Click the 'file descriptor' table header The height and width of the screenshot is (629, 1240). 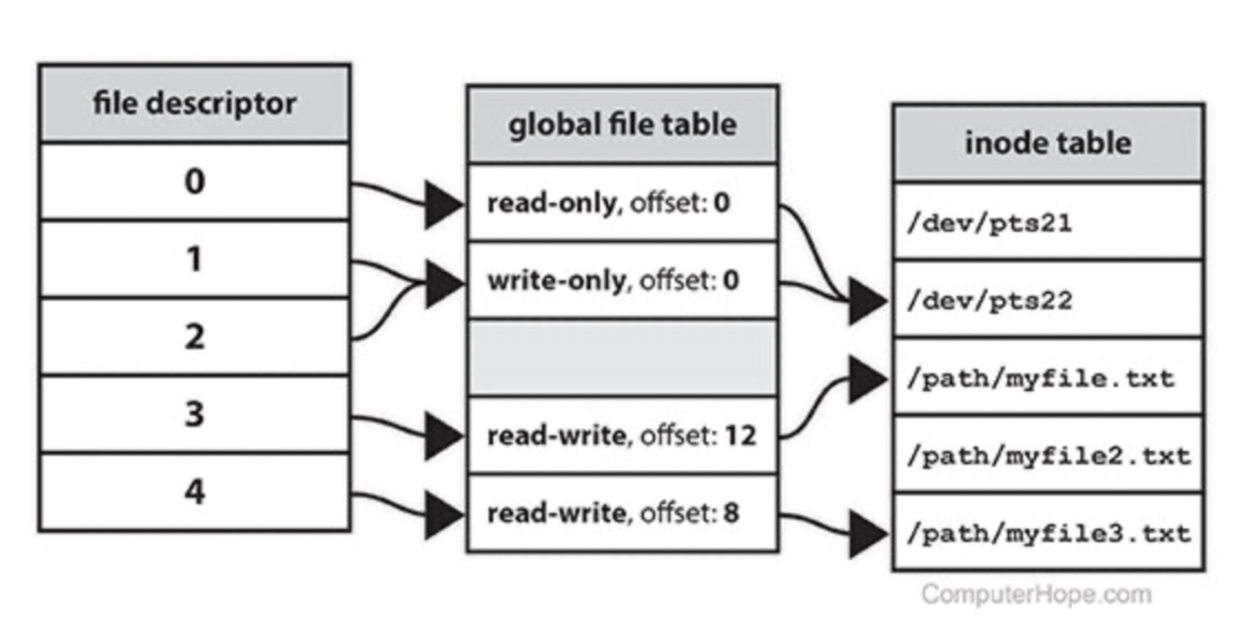(194, 103)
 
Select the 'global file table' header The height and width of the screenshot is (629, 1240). (622, 124)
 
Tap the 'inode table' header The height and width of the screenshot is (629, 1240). (1048, 142)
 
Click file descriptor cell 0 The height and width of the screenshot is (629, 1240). (194, 181)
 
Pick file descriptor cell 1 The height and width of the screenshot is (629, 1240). (194, 259)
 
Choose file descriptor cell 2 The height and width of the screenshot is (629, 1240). (194, 336)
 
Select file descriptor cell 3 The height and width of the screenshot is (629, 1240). (194, 414)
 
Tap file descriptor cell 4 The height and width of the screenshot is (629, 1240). (194, 492)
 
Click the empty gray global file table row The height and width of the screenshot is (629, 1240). (622, 357)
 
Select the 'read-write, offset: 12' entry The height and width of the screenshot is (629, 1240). (622, 436)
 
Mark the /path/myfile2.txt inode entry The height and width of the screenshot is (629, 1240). (1048, 455)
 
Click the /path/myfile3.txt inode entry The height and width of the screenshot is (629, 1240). (1048, 532)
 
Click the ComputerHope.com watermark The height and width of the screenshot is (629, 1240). (1036, 594)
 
